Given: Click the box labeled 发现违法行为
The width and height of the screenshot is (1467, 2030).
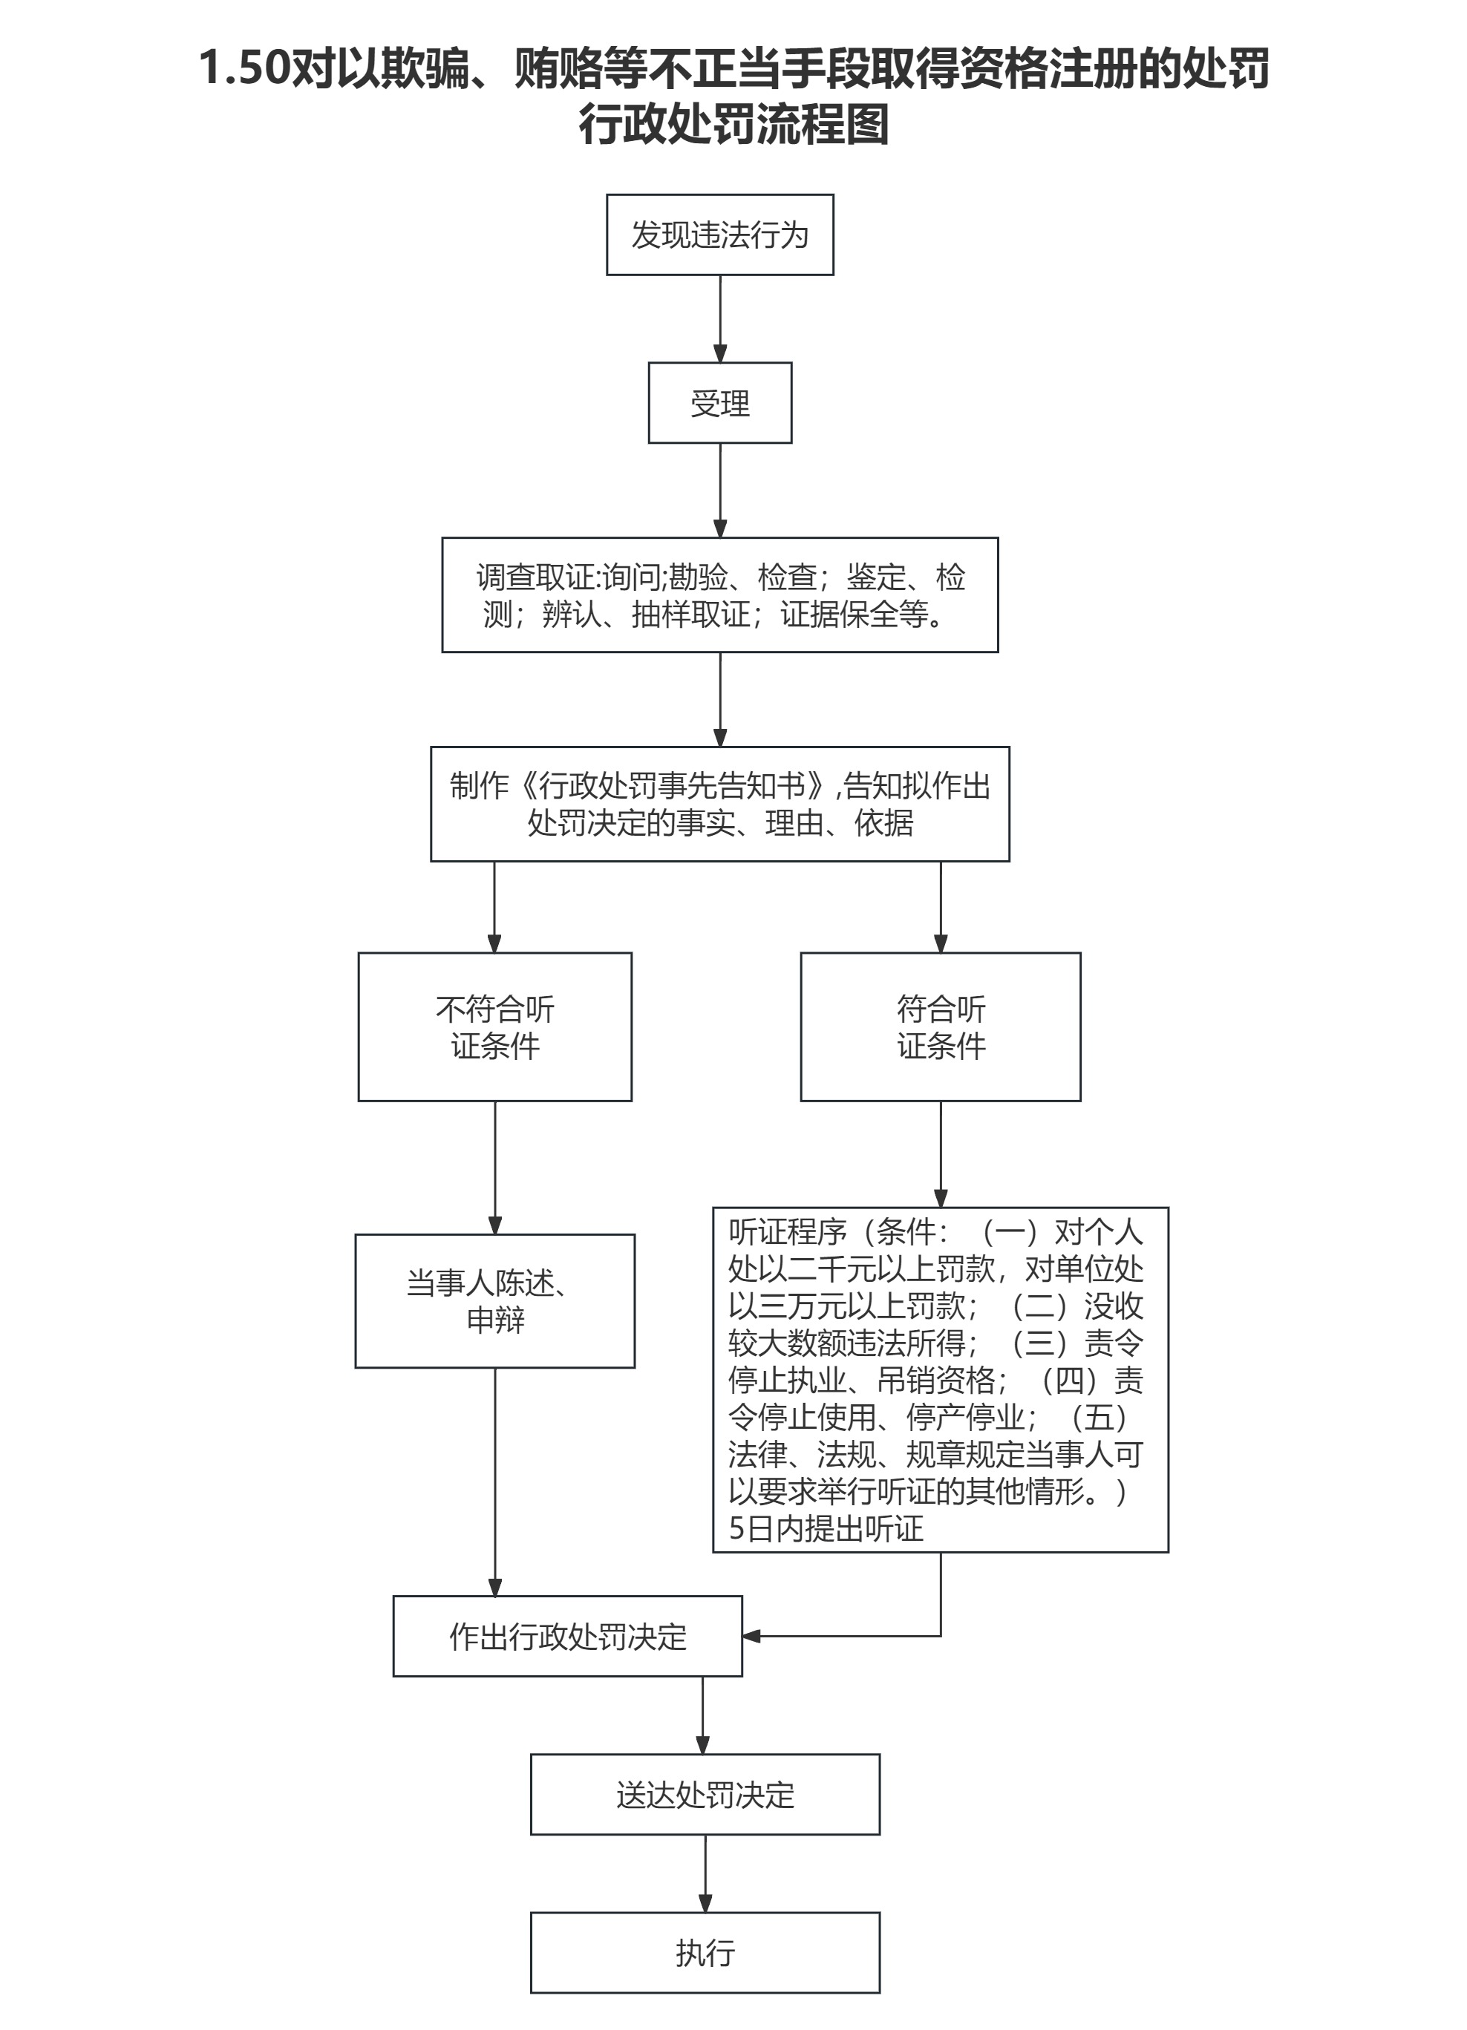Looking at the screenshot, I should [719, 235].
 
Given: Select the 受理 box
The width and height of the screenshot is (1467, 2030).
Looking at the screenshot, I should [719, 403].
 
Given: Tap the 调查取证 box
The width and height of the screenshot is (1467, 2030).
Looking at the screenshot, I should [719, 595].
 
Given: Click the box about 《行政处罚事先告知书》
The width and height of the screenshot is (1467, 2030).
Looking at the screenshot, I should [719, 804].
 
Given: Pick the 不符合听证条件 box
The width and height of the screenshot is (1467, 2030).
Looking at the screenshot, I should [495, 1027].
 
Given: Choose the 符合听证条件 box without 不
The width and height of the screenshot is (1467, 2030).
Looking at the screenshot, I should [940, 1027].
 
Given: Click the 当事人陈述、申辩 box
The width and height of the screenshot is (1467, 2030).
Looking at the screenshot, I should [495, 1300].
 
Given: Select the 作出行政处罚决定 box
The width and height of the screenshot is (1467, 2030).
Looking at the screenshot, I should [567, 1636].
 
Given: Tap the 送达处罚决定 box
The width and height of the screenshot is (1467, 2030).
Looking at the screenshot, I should [705, 1794].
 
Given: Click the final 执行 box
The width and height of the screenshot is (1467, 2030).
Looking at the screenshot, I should [705, 1952].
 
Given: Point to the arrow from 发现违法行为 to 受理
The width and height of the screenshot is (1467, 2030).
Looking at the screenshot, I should [719, 318].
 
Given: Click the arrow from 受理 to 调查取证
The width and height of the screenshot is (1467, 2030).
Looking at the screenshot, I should [719, 490].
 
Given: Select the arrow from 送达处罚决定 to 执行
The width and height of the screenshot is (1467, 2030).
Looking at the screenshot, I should [705, 1873].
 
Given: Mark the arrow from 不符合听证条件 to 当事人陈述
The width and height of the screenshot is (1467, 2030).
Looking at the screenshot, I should [495, 1168].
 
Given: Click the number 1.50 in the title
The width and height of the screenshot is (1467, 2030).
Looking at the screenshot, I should [244, 69].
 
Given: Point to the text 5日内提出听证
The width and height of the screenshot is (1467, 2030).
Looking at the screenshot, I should [826, 1528].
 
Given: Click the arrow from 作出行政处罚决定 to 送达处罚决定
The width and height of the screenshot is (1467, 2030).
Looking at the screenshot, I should [702, 1714].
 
